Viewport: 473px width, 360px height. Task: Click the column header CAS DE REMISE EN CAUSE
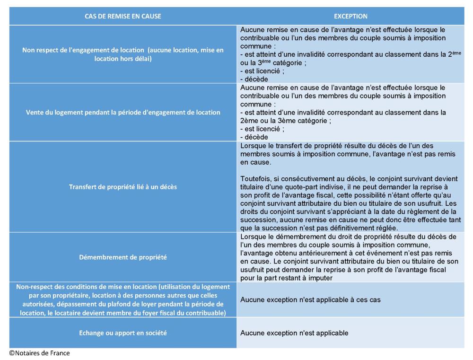123,16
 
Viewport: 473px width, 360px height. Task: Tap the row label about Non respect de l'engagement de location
123,54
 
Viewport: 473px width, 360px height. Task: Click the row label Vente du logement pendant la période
123,113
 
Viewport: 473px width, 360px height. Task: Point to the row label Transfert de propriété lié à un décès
123,186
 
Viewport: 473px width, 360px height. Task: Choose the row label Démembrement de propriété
123,257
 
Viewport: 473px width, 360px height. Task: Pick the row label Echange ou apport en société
123,333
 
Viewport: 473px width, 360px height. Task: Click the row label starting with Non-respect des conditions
123,300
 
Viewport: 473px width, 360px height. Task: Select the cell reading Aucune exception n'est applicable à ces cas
310,300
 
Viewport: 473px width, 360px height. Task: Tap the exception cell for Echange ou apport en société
294,333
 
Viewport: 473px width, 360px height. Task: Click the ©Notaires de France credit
39,353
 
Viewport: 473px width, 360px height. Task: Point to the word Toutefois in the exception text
255,178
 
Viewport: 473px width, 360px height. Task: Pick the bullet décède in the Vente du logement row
254,136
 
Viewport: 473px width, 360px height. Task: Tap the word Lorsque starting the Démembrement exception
253,236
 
